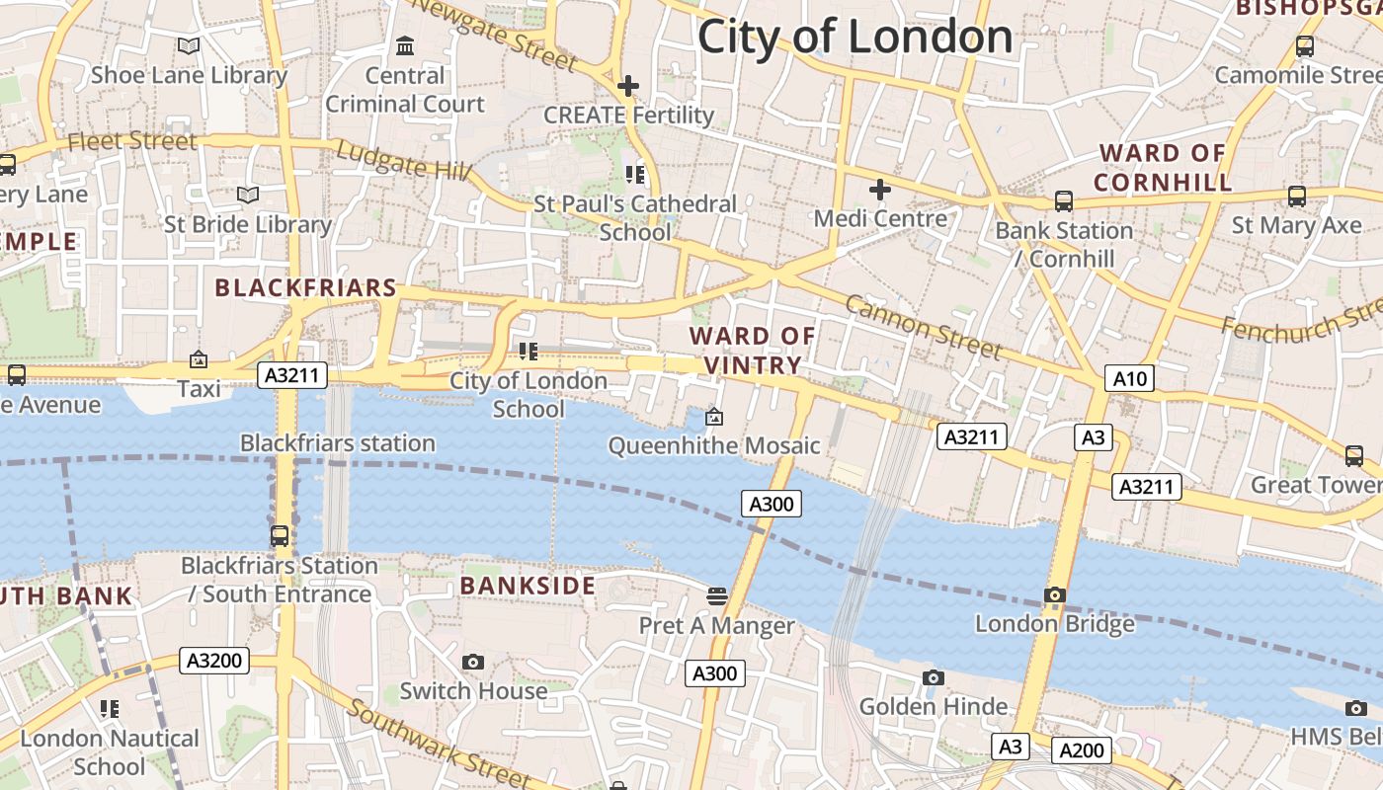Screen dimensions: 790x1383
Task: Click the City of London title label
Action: tap(854, 38)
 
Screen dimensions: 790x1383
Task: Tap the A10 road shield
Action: tap(1130, 379)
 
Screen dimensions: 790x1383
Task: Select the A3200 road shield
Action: tap(213, 661)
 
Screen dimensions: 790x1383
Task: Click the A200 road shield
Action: tap(1081, 750)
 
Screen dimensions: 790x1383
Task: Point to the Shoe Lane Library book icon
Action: tap(188, 45)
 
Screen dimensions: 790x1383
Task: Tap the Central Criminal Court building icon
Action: tap(405, 46)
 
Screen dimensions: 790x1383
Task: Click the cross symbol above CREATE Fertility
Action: tap(628, 86)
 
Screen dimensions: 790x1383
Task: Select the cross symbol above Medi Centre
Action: tap(879, 190)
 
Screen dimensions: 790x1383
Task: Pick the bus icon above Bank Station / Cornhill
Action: tap(1064, 201)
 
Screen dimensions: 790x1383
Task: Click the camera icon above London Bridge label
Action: tap(1055, 594)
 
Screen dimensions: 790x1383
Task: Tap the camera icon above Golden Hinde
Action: tap(933, 677)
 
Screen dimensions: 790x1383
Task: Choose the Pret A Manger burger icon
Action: tap(717, 595)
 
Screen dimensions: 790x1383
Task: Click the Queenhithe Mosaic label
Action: tap(713, 445)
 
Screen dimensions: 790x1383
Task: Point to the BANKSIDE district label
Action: tap(528, 586)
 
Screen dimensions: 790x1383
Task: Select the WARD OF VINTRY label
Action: tap(753, 351)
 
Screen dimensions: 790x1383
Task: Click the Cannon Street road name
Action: tap(924, 327)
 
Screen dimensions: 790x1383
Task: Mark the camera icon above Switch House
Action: tap(473, 662)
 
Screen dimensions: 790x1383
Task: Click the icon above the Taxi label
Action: tap(199, 359)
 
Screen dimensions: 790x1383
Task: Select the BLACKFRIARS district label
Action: tap(305, 288)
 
